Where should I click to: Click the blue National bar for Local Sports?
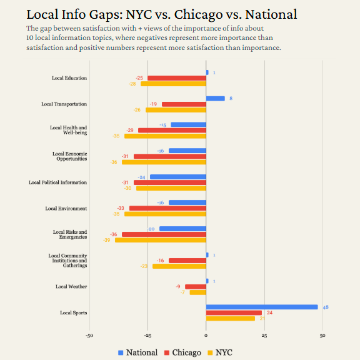click(262, 307)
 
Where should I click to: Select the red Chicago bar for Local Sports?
click(234, 312)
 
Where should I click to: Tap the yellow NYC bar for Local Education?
click(173, 84)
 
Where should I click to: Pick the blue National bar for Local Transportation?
click(215, 98)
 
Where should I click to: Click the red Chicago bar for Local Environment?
click(167, 208)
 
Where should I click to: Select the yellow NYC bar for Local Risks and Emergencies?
click(161, 240)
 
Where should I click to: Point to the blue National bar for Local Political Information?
click(178, 177)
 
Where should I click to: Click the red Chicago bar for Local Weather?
click(196, 286)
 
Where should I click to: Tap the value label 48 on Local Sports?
click(325, 307)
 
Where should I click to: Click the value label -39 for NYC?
click(107, 240)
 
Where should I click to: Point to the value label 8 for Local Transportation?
click(231, 98)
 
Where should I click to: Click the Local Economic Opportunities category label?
click(69, 156)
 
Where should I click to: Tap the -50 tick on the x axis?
click(89, 336)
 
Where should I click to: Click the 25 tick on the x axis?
click(264, 336)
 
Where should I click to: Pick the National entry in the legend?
click(137, 352)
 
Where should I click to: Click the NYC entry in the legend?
click(219, 352)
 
